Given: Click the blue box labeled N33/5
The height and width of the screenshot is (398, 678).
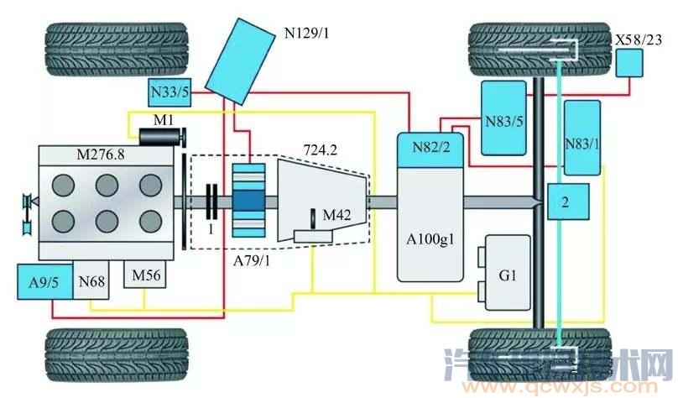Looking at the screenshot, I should (x=170, y=92).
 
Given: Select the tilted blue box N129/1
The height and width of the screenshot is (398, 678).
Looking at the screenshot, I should (x=243, y=65).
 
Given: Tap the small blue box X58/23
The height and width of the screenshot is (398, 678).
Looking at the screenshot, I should (x=629, y=63).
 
